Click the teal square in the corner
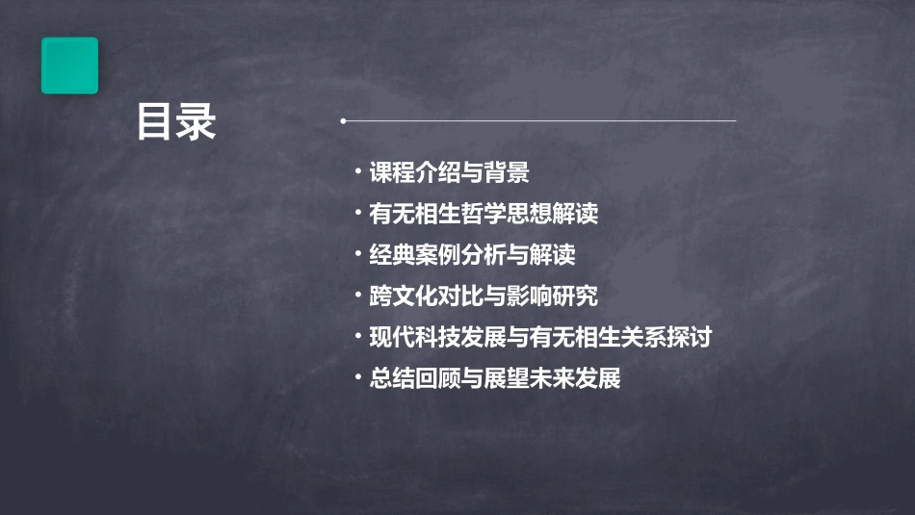(69, 65)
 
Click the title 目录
(176, 122)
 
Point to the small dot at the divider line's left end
(343, 121)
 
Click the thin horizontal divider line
(539, 121)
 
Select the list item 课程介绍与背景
(449, 173)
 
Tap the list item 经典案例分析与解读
(472, 255)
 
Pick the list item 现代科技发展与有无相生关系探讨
(540, 337)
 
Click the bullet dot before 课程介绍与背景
(357, 173)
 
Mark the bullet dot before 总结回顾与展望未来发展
(357, 377)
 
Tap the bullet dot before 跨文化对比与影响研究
(357, 296)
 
